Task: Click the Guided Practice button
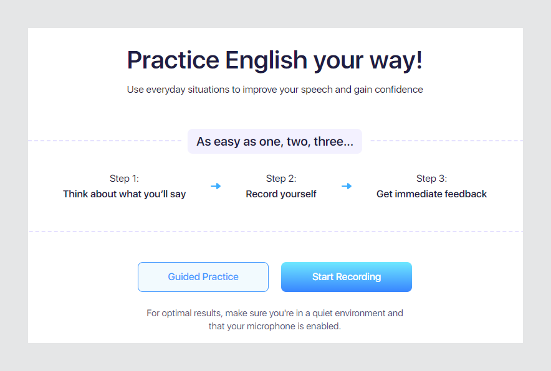pos(203,277)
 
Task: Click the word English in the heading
pos(266,61)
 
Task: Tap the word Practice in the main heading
pos(173,60)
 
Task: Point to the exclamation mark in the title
pos(419,60)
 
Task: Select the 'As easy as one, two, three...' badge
pos(275,141)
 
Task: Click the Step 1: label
pos(124,178)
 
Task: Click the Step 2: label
pos(281,178)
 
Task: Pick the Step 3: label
pos(431,178)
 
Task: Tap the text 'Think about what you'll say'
pos(125,194)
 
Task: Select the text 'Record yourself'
pos(281,194)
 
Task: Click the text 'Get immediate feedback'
pos(431,194)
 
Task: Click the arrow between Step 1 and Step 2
pos(216,186)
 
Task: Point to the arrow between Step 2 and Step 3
pos(347,186)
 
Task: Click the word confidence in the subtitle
pos(399,90)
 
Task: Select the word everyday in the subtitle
pos(166,90)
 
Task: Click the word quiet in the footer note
pos(323,314)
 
